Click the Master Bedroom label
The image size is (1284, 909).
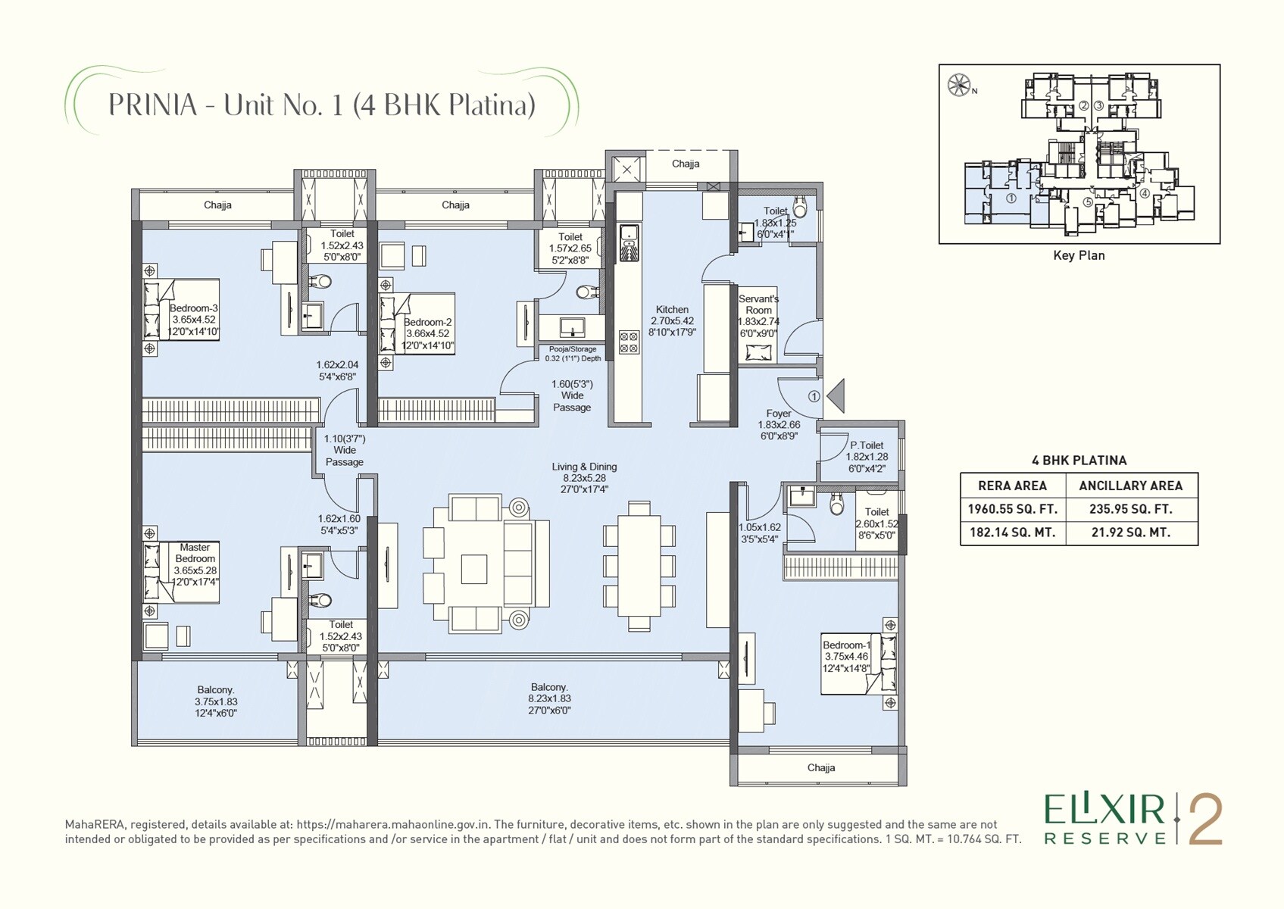pos(195,553)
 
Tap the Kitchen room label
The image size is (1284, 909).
pos(672,310)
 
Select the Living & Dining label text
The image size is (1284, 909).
pos(584,467)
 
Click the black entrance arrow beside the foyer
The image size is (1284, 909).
pos(836,396)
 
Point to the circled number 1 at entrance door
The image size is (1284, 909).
pos(814,396)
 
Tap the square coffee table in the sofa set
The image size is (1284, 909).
pos(473,569)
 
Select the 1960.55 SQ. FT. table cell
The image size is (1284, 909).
pos(1012,509)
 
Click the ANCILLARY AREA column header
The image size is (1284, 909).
pos(1130,486)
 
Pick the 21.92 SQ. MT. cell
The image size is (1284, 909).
pos(1130,533)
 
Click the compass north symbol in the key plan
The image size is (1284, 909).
pos(959,85)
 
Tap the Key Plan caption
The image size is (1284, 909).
pos(1079,255)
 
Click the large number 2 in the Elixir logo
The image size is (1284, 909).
pos(1205,820)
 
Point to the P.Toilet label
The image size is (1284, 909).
pos(867,445)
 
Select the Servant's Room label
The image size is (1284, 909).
pos(758,305)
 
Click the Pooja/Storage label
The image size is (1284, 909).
pos(573,349)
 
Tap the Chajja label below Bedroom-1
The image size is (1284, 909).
pos(821,767)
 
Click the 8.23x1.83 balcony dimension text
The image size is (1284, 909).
pos(550,698)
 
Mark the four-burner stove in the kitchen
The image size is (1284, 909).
pos(629,342)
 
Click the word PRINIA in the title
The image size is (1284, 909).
pos(152,105)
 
